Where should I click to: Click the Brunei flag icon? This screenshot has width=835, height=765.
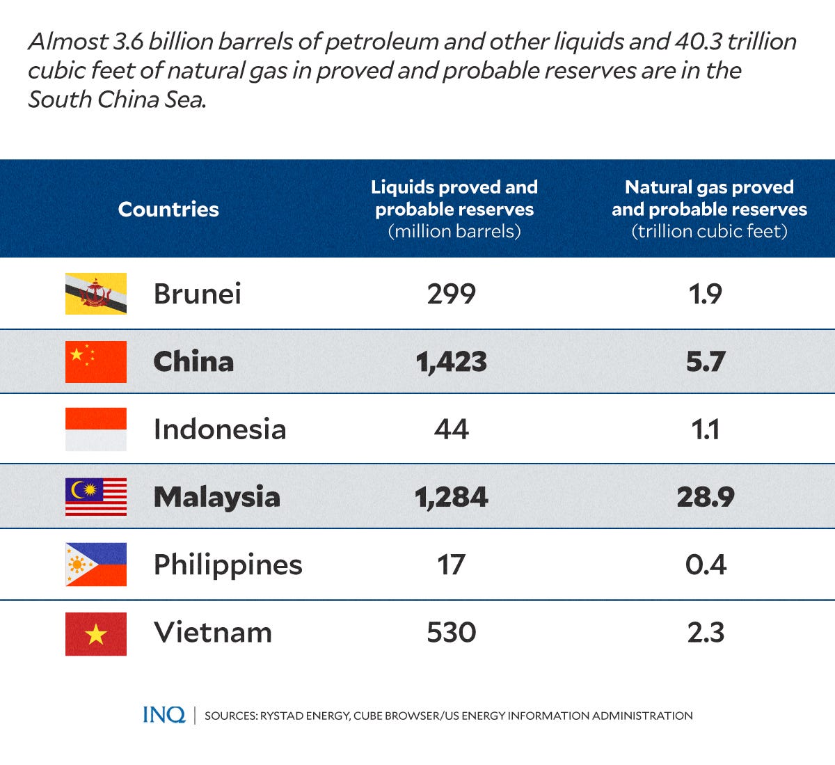pos(96,294)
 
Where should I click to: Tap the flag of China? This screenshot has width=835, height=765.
pos(96,362)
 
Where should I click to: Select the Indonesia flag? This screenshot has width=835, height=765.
pos(96,429)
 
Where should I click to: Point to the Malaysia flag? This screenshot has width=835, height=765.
pos(96,497)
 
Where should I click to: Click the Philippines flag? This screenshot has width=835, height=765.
pos(96,565)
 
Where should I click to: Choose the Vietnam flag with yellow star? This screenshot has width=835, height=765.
pos(96,633)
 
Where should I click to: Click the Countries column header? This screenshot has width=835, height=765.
pos(168,209)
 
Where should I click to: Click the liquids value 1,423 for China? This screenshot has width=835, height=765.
pos(452,362)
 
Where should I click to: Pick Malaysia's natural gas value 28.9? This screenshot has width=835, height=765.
pos(706,497)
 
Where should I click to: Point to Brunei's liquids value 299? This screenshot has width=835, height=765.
pos(452,294)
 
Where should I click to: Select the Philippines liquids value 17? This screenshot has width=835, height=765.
pos(452,565)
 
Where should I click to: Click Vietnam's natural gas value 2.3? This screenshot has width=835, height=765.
pos(706,633)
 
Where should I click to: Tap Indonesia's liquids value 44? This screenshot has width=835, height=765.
pos(452,429)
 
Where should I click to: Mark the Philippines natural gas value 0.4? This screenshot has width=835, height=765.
pos(706,565)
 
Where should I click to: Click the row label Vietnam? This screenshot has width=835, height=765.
pos(213,633)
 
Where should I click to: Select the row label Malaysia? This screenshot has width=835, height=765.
pos(217,497)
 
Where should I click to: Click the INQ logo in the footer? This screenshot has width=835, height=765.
pos(164,715)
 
